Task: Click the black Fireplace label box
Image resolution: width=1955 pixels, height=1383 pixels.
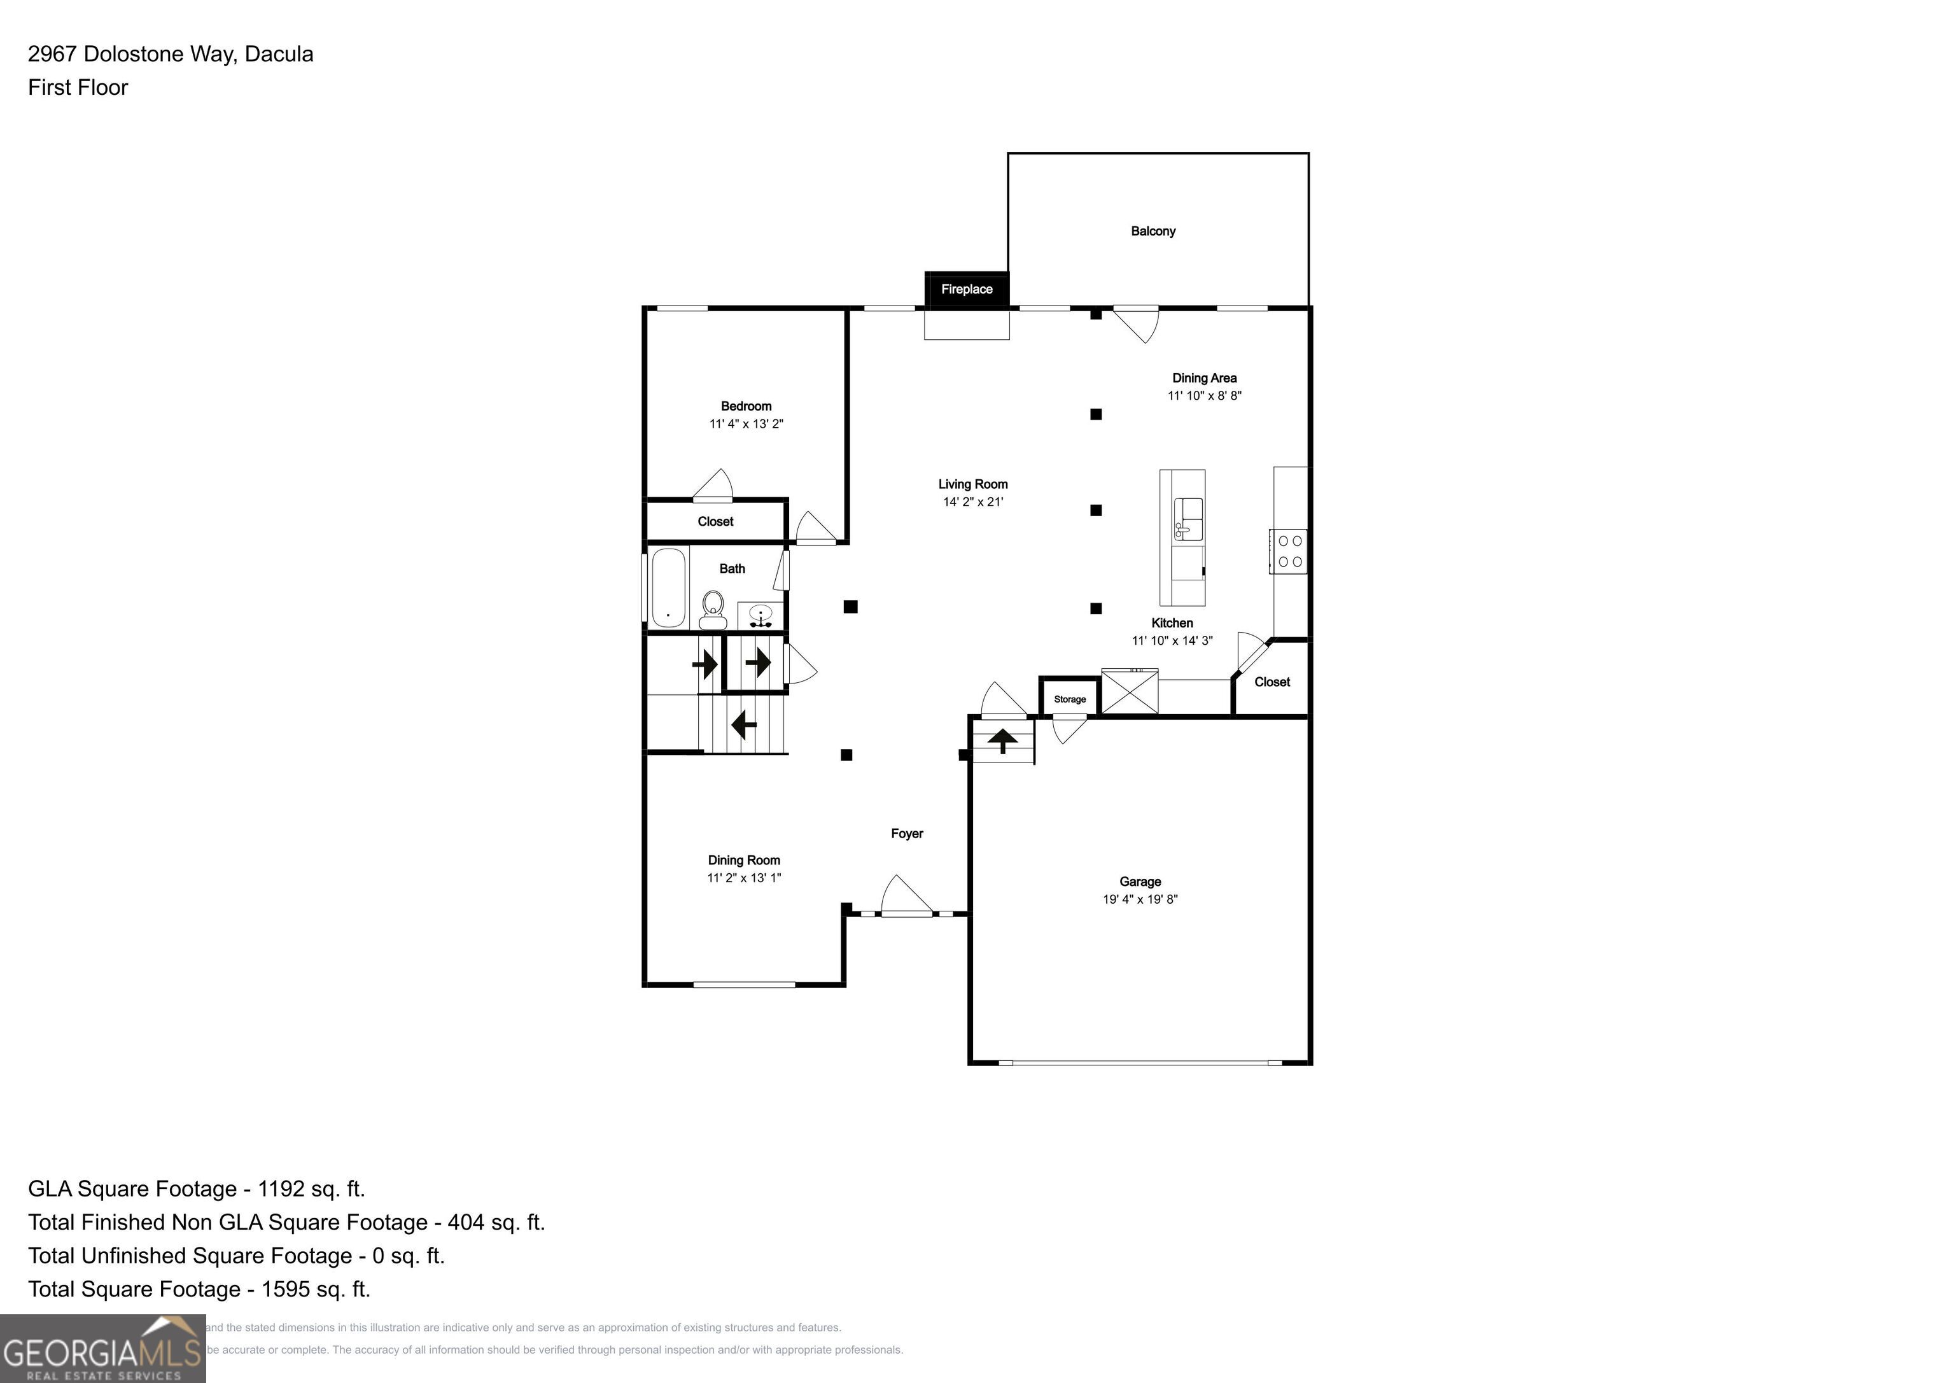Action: pyautogui.click(x=967, y=290)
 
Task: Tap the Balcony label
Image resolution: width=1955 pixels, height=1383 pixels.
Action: pyautogui.click(x=1153, y=232)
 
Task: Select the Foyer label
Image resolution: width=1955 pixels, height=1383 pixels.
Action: pyautogui.click(x=907, y=834)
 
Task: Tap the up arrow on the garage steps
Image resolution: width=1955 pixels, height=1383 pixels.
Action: pyautogui.click(x=1002, y=740)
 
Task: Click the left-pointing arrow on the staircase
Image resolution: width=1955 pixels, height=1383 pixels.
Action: pyautogui.click(x=743, y=725)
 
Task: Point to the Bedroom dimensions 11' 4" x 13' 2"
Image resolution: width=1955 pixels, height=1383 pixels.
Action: pyautogui.click(x=746, y=424)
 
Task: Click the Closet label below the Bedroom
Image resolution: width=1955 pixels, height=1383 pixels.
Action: pyautogui.click(x=715, y=521)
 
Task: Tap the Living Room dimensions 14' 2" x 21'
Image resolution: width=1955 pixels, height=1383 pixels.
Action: pyautogui.click(x=972, y=502)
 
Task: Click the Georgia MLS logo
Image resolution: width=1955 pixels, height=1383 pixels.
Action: pyautogui.click(x=102, y=1348)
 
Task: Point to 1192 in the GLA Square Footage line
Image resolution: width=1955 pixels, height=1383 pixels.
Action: pyautogui.click(x=281, y=1189)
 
